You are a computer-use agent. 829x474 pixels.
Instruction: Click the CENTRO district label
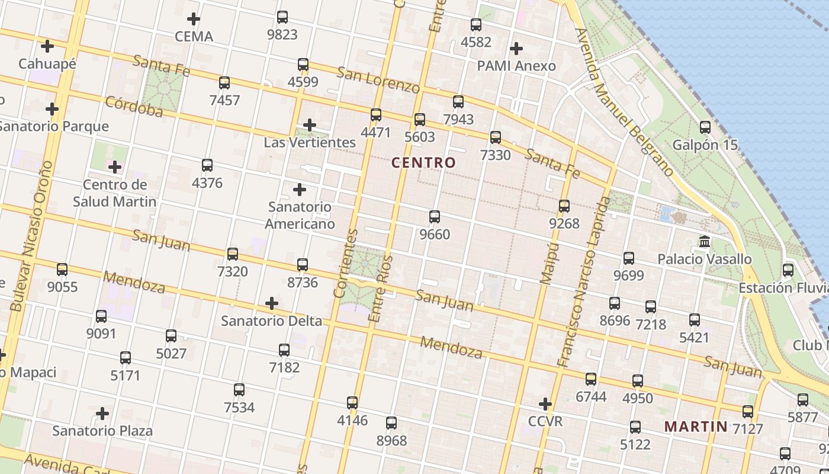click(x=423, y=162)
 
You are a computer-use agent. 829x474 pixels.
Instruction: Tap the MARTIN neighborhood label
click(x=696, y=426)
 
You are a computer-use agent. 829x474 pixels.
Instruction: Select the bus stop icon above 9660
click(x=435, y=217)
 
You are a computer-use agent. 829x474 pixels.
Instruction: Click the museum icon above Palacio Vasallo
click(x=705, y=242)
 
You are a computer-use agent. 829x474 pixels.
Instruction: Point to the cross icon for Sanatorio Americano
click(x=300, y=190)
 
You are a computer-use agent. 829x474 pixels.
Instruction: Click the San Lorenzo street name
click(x=378, y=80)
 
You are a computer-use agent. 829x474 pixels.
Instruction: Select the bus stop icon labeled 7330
click(x=496, y=137)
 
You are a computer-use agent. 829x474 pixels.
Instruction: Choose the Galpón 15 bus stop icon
click(x=705, y=127)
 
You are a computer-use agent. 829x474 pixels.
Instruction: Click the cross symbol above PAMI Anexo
click(x=516, y=48)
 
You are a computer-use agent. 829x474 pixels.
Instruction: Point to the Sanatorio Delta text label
click(x=271, y=321)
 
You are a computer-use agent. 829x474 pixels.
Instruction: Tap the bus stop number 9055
click(x=62, y=287)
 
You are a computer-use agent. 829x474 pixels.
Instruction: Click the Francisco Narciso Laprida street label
click(x=583, y=281)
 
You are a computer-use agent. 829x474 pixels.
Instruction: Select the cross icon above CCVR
click(x=545, y=404)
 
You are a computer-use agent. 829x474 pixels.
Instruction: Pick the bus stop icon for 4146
click(x=352, y=403)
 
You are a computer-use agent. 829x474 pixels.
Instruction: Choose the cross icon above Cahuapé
click(x=47, y=46)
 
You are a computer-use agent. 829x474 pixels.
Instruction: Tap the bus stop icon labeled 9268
click(x=564, y=206)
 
